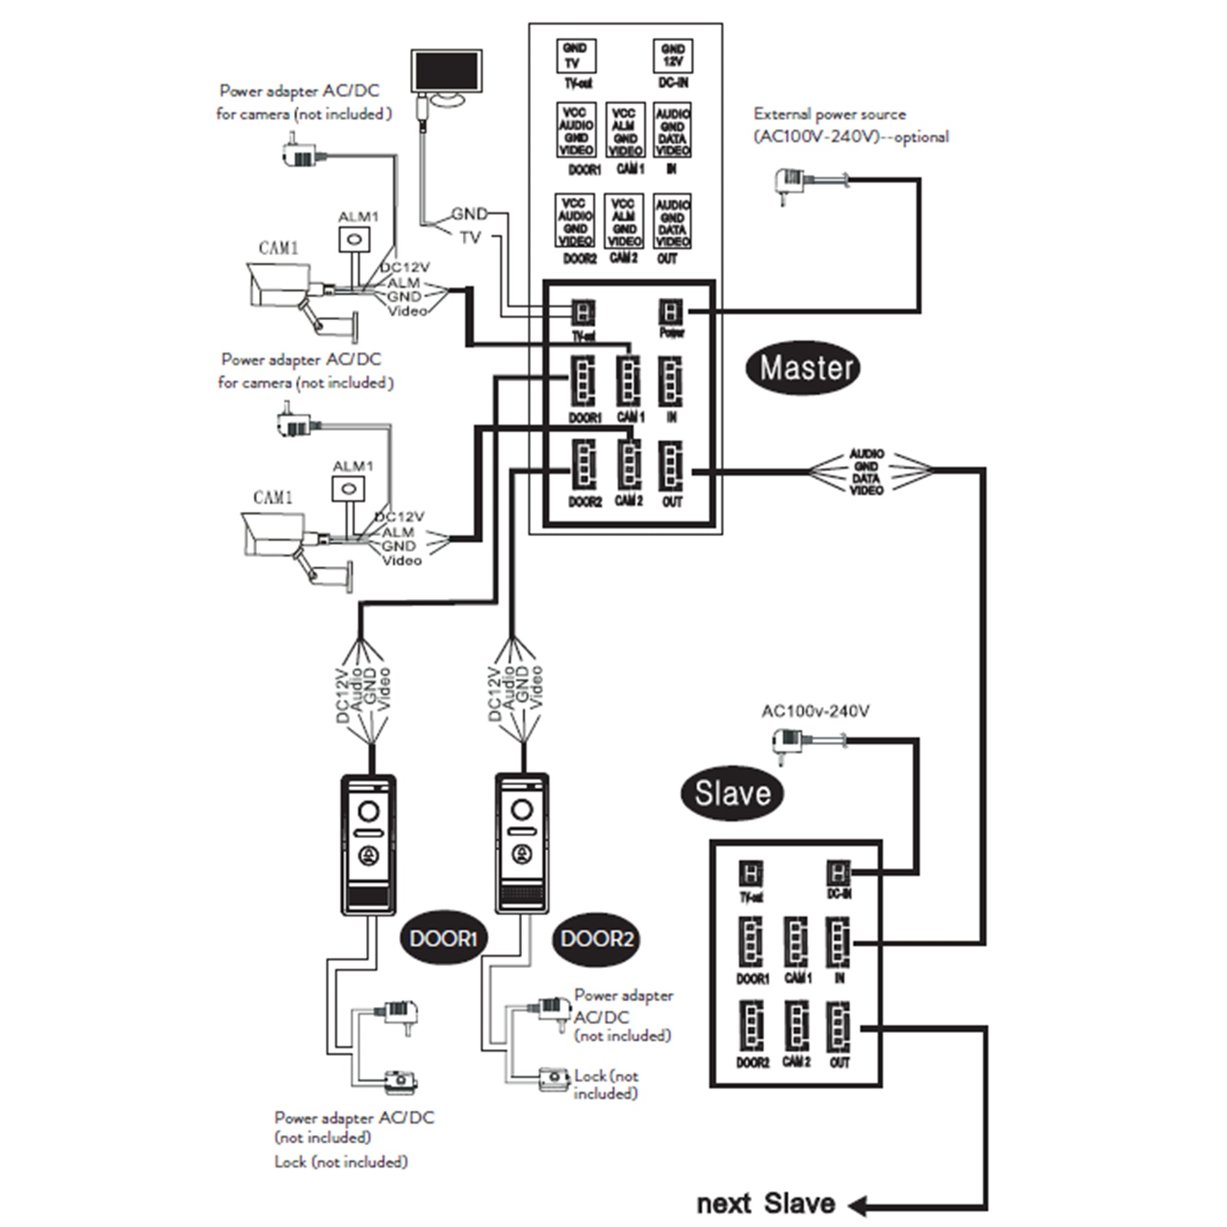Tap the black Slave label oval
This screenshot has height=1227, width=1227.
click(x=731, y=793)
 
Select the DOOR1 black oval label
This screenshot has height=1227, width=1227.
click(x=443, y=938)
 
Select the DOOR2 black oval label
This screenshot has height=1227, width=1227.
click(x=596, y=938)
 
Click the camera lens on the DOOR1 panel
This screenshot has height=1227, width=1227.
click(x=369, y=811)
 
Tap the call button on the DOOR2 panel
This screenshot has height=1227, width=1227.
click(x=523, y=855)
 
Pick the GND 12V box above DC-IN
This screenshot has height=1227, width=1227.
click(x=673, y=55)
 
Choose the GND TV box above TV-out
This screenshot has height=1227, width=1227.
click(x=576, y=55)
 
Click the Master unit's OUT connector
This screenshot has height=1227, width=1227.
click(x=672, y=467)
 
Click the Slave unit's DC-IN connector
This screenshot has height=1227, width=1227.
click(x=838, y=874)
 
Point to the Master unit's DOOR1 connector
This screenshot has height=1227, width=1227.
click(x=583, y=381)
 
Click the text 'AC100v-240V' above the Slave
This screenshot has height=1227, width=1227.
click(x=815, y=711)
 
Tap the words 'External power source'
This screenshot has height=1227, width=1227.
click(x=829, y=114)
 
